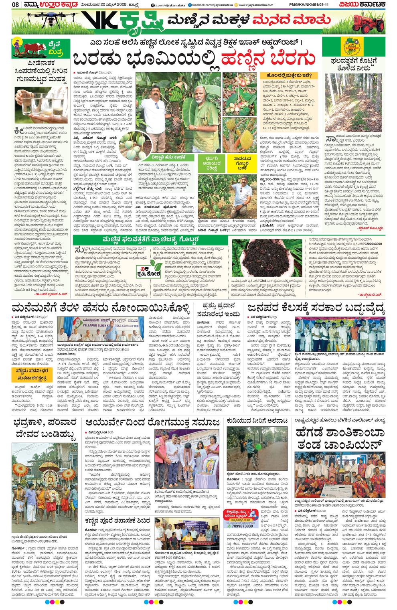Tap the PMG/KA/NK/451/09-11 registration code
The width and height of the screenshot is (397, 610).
306,5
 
